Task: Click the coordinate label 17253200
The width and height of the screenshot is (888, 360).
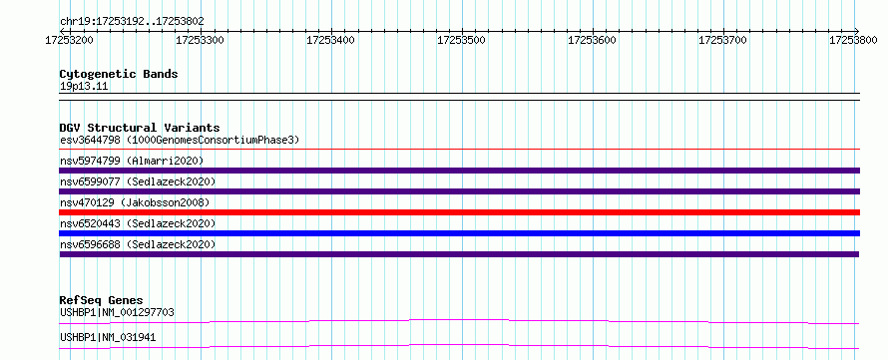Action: point(69,40)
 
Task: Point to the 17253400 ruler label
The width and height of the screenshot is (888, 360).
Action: point(330,40)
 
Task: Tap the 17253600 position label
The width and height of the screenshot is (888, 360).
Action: point(592,40)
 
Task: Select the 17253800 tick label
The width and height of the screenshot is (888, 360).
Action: point(853,40)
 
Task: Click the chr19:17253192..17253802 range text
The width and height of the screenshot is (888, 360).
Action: point(132,22)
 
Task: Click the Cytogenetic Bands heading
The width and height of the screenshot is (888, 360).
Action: point(119,74)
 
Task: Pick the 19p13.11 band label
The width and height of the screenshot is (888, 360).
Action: point(84,87)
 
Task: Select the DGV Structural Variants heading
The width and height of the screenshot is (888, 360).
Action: point(140,128)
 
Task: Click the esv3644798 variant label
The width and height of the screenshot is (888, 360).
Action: point(90,140)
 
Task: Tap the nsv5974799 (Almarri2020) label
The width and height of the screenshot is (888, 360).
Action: point(132,161)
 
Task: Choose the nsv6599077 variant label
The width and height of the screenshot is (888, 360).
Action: point(90,181)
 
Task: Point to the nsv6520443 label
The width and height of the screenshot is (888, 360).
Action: point(90,223)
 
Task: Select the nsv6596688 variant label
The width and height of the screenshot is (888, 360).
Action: point(90,244)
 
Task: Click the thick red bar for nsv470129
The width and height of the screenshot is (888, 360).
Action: point(460,212)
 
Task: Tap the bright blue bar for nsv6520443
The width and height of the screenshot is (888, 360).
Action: point(460,233)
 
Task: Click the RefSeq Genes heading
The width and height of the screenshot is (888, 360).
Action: point(102,300)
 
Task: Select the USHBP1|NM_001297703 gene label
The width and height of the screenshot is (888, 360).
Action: point(117,312)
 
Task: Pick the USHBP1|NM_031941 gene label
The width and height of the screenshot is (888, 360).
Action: point(108,338)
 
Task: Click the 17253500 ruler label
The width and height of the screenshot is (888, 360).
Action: point(461,40)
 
